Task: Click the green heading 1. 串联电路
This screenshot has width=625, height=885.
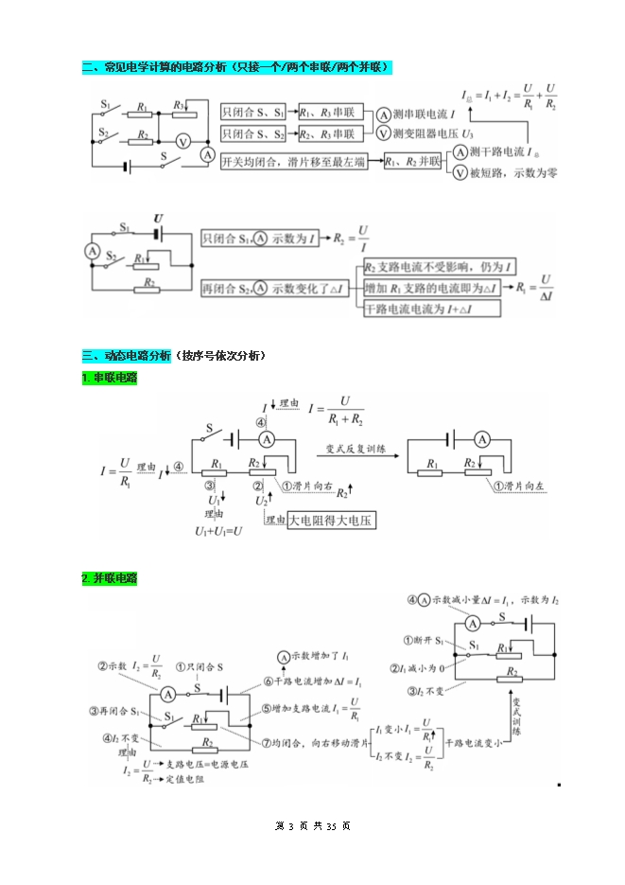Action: click(x=109, y=378)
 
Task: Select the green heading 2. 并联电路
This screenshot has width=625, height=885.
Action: click(x=109, y=577)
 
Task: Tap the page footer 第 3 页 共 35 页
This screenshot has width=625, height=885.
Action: click(x=312, y=826)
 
